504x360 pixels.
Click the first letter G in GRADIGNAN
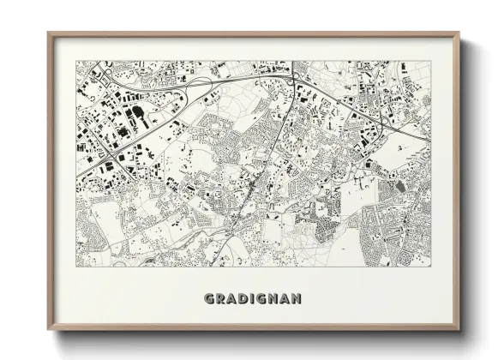pos(210,299)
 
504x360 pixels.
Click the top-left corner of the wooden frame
pos(48,33)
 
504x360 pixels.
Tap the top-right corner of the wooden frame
pos(460,33)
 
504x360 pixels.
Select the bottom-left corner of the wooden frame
pos(48,330)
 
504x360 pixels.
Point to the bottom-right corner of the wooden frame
pos(460,330)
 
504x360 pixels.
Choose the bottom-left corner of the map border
pos(75,269)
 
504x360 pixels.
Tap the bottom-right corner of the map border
pos(432,269)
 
